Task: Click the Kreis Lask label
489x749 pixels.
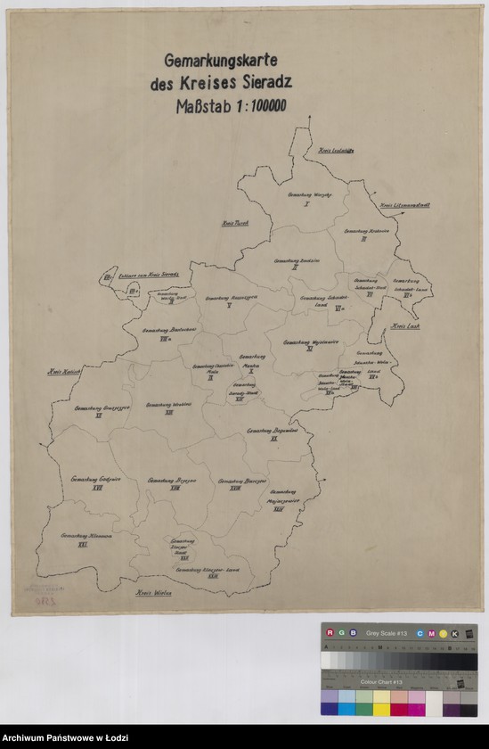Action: click(402, 327)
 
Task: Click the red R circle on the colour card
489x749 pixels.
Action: click(330, 633)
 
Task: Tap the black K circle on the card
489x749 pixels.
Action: click(454, 633)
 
